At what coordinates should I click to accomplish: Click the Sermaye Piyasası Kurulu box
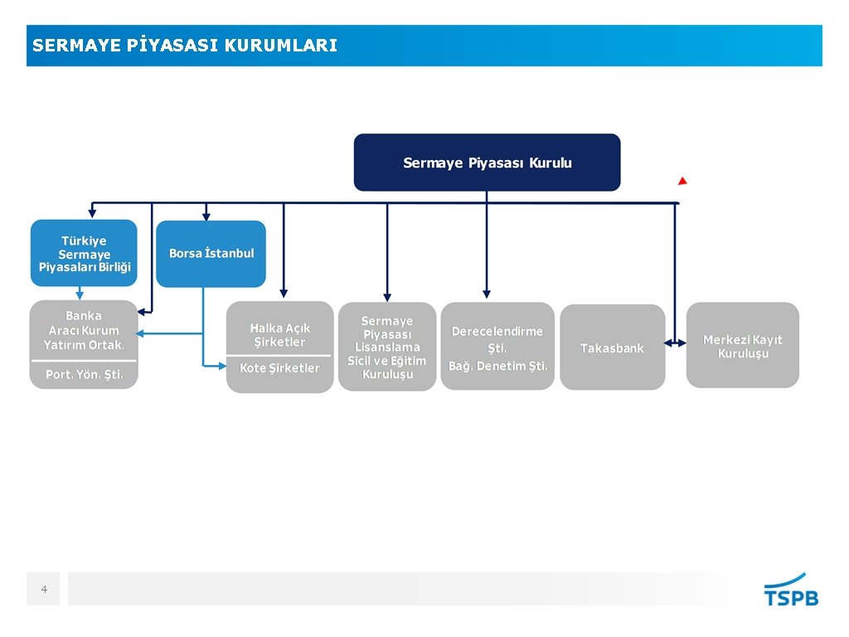click(x=487, y=163)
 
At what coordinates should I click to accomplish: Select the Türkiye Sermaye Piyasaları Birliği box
click(x=85, y=253)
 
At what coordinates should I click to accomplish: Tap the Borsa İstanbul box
click(x=211, y=253)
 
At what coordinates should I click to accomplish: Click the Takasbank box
click(x=612, y=348)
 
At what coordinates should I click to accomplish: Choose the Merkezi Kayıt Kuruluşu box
click(x=742, y=346)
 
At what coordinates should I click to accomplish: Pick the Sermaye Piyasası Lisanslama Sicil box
click(x=386, y=347)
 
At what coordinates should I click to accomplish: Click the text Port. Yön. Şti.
click(x=84, y=374)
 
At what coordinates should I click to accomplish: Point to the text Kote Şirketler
click(x=279, y=367)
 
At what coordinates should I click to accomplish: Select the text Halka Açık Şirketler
click(x=279, y=335)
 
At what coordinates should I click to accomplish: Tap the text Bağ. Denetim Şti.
click(x=497, y=366)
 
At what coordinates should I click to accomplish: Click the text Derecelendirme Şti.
click(x=497, y=338)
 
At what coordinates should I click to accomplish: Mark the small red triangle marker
click(x=682, y=181)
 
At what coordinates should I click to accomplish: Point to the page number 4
click(x=44, y=590)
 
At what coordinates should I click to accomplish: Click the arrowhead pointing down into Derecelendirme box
click(x=487, y=293)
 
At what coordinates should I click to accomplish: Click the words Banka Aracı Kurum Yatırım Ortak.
click(x=84, y=330)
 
